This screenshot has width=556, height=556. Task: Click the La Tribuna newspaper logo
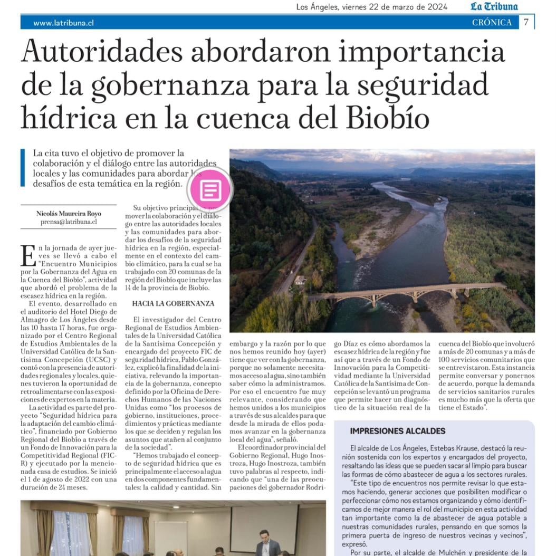pyautogui.click(x=494, y=7)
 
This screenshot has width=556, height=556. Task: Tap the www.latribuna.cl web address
pyautogui.click(x=63, y=23)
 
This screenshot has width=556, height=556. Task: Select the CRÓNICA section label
pyautogui.click(x=492, y=22)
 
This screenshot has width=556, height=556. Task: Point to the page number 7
pyautogui.click(x=526, y=22)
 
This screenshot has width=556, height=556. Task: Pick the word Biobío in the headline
pyautogui.click(x=384, y=117)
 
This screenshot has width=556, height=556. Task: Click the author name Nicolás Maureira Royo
pyautogui.click(x=69, y=214)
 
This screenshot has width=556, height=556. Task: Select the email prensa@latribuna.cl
pyautogui.click(x=69, y=222)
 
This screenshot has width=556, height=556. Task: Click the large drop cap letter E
pyautogui.click(x=27, y=255)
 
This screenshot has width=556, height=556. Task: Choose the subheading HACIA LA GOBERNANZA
pyautogui.click(x=174, y=304)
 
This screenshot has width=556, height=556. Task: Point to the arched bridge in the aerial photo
pyautogui.click(x=406, y=291)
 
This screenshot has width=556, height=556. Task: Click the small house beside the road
pyautogui.click(x=300, y=280)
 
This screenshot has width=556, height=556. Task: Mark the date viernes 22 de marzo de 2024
pyautogui.click(x=395, y=7)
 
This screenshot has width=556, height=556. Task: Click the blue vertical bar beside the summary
pyautogui.click(x=23, y=168)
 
